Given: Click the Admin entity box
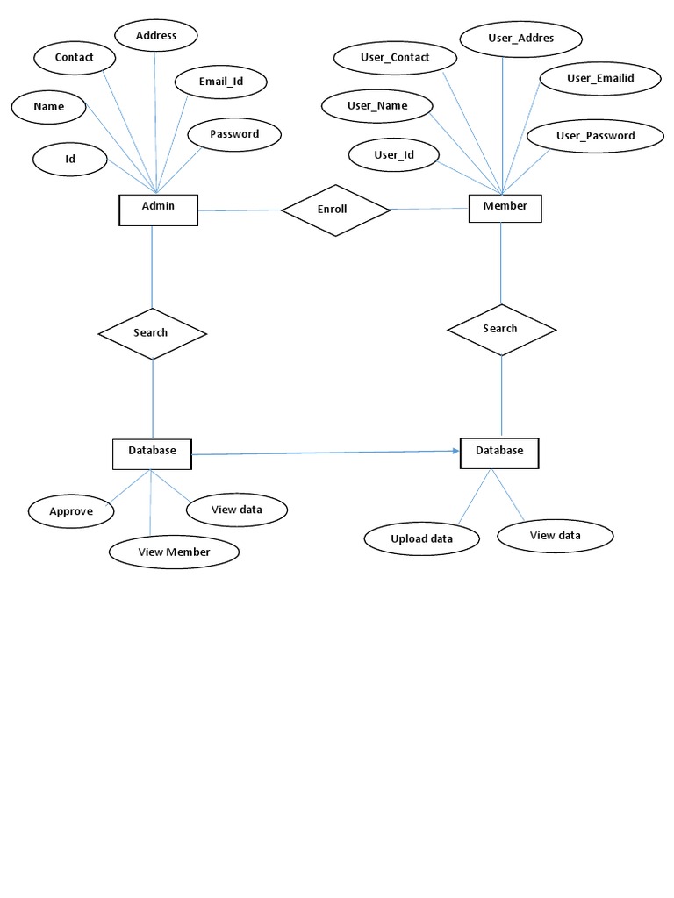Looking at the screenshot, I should pos(158,209).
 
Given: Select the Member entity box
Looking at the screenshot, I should pos(505,208).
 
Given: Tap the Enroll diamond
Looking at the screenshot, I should pos(334,210).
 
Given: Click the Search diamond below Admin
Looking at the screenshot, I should pos(152,333).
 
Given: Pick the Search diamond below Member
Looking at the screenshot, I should pos(501,329).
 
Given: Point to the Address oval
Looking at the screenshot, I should pos(156,36).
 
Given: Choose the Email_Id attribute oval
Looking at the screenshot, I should pos(220,82).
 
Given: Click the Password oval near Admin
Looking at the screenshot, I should pos(234,135).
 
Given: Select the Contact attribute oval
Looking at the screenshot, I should pos(75,58).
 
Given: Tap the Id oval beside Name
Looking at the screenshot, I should pos(70,159).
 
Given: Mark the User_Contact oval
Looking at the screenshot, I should pos(395,58).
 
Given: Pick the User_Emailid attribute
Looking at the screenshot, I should pos(599,79).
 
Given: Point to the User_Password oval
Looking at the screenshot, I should pos(595,136).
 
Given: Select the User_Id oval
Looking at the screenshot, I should pos(394,155).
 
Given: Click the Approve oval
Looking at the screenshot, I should pos(71,511).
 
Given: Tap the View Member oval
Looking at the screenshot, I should pos(174,552).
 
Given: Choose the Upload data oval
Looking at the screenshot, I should pos(422,538).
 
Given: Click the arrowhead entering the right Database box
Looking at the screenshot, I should pos(456,451).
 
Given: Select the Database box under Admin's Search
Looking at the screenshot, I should pos(152,453).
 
